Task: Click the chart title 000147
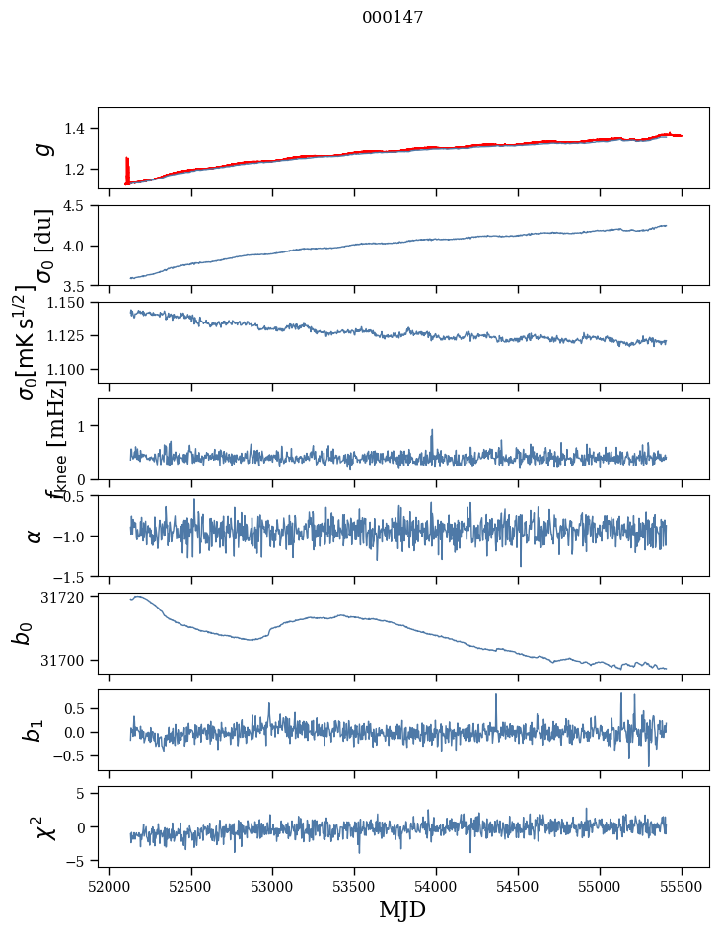click(393, 17)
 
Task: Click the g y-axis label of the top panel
click(40, 149)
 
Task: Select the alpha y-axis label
click(35, 536)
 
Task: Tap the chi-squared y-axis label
click(42, 826)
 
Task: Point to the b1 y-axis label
click(35, 730)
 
